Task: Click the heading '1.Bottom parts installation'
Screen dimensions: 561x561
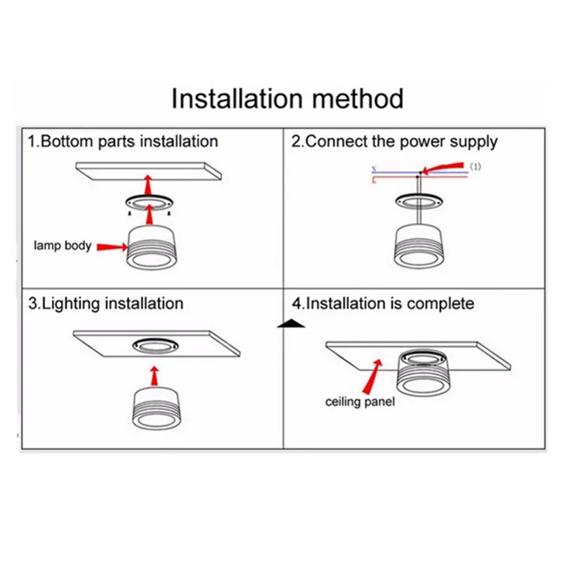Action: point(123,141)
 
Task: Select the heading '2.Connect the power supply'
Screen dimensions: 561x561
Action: point(394,141)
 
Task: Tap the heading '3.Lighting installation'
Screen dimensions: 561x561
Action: point(105,304)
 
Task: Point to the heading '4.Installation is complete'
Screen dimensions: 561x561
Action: point(383,304)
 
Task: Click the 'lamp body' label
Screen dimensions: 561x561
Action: point(62,246)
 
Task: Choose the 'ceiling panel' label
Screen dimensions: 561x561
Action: point(360,402)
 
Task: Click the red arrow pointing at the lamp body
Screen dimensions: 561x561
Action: point(111,246)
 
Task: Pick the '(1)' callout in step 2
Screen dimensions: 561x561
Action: point(476,166)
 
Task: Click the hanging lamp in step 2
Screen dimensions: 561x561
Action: point(419,245)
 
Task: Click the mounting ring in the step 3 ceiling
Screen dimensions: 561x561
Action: point(153,346)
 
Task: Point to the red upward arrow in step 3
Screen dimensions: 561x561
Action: point(153,373)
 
